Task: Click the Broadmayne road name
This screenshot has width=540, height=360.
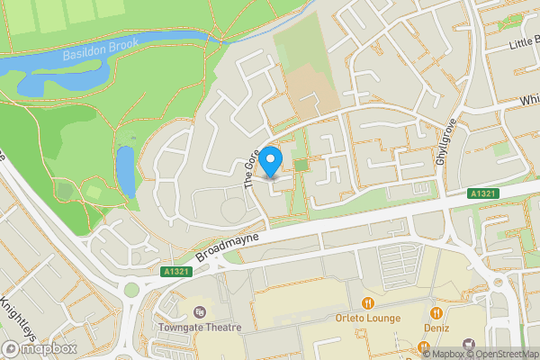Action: (x=221, y=244)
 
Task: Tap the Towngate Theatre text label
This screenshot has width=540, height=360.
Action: (x=198, y=328)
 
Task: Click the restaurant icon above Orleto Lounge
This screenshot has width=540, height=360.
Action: (x=367, y=301)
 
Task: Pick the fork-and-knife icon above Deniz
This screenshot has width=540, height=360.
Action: (x=436, y=313)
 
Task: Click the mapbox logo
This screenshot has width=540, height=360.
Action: (x=40, y=348)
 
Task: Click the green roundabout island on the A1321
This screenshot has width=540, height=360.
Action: (x=132, y=290)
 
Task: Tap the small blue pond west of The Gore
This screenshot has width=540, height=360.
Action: (x=125, y=171)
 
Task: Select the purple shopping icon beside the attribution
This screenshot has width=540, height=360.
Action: (x=468, y=344)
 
